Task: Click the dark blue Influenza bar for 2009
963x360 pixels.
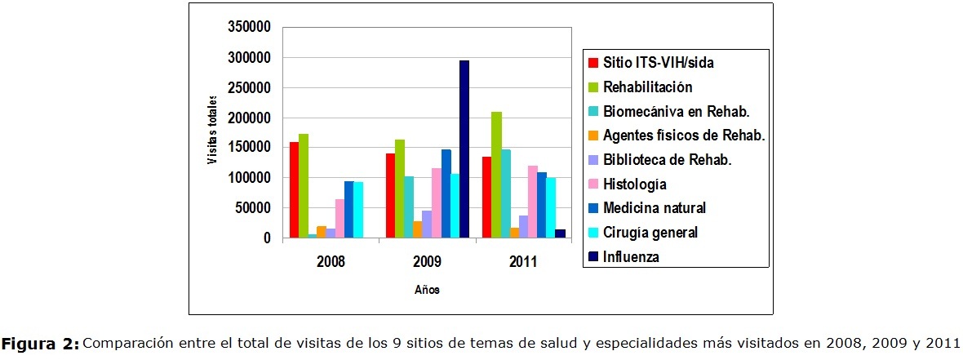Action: click(x=464, y=149)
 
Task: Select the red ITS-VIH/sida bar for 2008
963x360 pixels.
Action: click(x=294, y=190)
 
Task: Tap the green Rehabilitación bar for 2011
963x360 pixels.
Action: click(x=496, y=175)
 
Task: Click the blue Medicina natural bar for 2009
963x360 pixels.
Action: click(x=446, y=193)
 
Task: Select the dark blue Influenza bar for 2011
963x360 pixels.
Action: click(x=560, y=233)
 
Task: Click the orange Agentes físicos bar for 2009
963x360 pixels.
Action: click(x=418, y=229)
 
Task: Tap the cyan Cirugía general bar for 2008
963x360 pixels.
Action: click(x=358, y=210)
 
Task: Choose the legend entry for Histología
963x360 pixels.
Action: click(x=634, y=184)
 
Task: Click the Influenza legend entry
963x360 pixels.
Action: click(x=630, y=257)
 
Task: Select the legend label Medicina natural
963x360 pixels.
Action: click(x=654, y=208)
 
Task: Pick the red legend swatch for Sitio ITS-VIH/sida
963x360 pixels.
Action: click(x=592, y=63)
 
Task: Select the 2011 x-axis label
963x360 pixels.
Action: click(x=522, y=263)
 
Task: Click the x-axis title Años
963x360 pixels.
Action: click(x=426, y=290)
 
